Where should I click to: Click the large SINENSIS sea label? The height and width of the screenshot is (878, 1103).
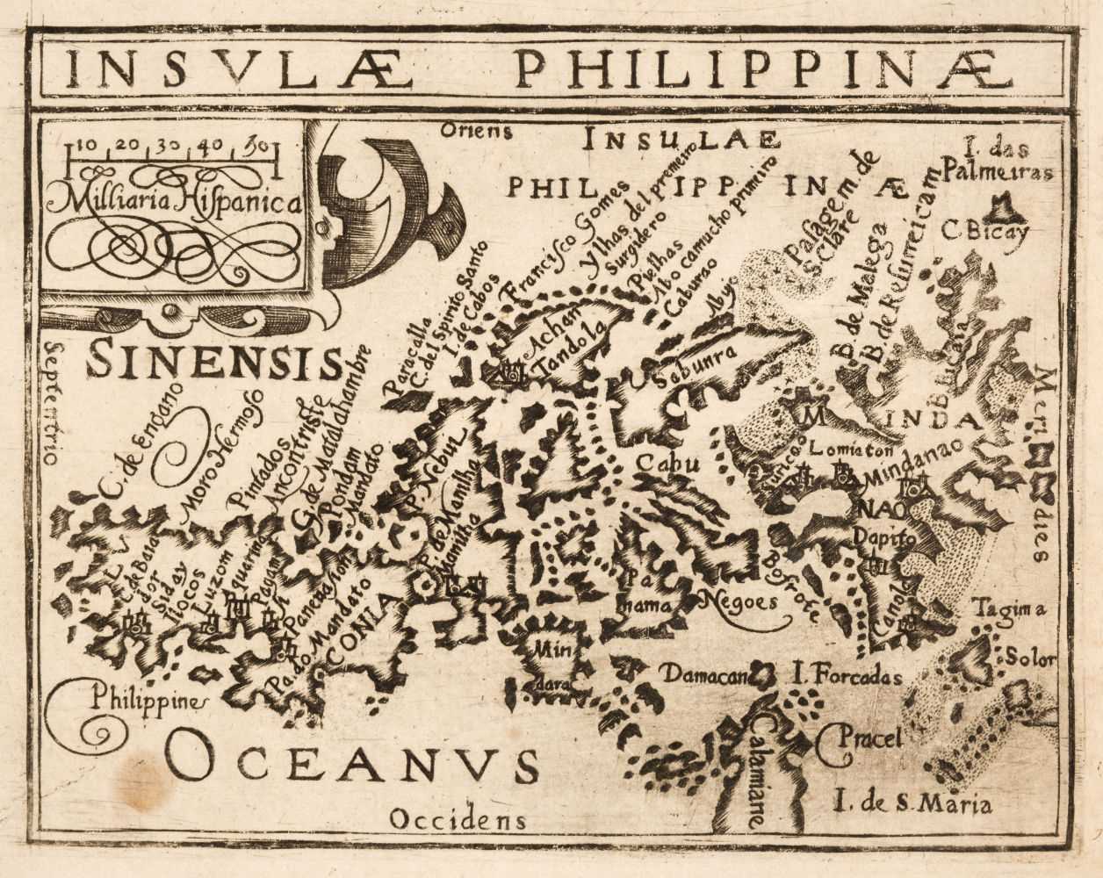[213, 361]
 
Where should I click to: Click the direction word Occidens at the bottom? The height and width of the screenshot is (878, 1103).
[458, 821]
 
